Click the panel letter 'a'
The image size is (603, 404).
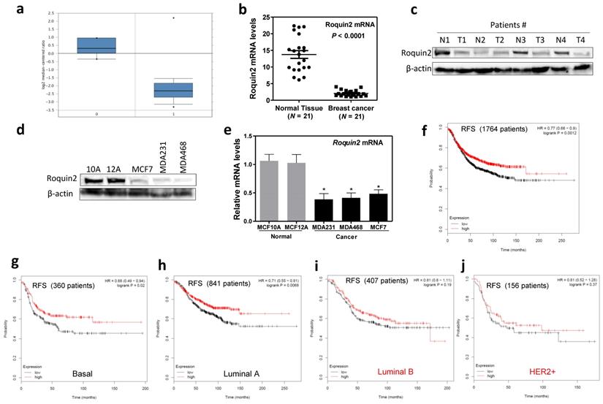[x=12, y=9]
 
